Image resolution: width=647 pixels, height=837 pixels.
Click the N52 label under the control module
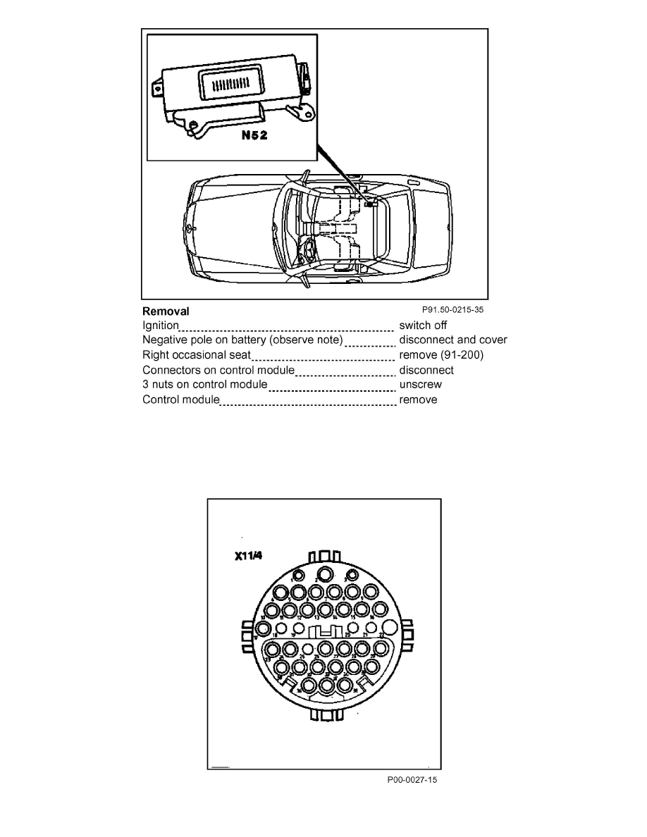point(254,135)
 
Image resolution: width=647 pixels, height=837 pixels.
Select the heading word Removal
point(166,311)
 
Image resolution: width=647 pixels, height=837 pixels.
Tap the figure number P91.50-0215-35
point(453,309)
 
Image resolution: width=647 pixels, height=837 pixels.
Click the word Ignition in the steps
point(161,325)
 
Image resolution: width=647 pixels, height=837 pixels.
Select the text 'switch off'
point(423,325)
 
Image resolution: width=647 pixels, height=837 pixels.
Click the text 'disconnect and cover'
point(453,340)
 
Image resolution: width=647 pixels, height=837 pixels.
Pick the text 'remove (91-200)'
point(441,355)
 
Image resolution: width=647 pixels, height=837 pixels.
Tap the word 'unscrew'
point(421,385)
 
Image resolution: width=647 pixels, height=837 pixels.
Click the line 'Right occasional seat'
point(197,355)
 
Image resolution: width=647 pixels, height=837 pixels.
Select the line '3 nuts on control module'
point(204,385)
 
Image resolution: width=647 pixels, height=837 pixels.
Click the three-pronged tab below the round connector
point(326,715)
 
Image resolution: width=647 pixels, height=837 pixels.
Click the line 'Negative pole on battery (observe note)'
point(243,340)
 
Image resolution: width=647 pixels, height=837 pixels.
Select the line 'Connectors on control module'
point(218,370)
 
